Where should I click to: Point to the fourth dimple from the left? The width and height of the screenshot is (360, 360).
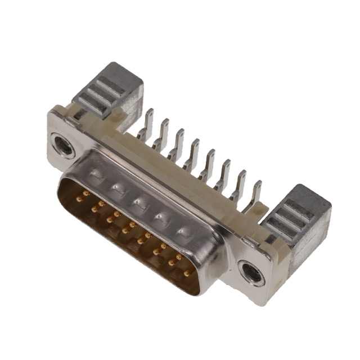(160, 216)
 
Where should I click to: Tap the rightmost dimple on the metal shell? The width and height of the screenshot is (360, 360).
(182, 231)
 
